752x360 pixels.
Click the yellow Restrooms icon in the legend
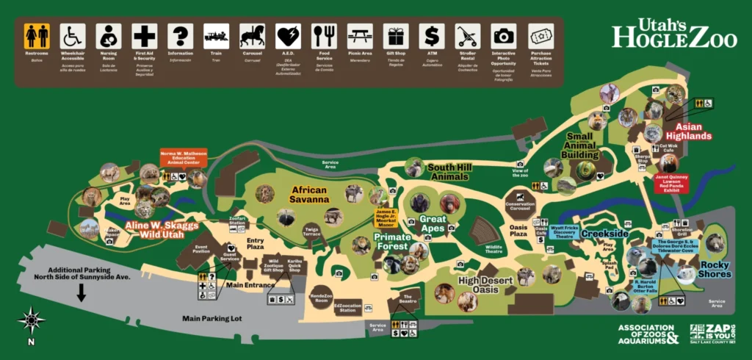coord(37,35)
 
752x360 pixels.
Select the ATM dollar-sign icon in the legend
coord(432,35)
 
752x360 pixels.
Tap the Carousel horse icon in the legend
coord(252,35)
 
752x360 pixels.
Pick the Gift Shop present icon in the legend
coord(396,35)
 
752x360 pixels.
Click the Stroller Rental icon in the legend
coord(467,35)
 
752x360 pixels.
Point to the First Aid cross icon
coord(145,35)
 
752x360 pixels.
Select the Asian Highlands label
coord(688,132)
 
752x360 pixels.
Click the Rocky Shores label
coord(715,270)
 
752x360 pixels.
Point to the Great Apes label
coord(433,223)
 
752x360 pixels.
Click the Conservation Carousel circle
coord(520,199)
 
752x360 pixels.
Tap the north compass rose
coord(31,320)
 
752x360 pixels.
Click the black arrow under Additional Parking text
coord(81,292)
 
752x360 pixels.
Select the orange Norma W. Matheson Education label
coord(184,159)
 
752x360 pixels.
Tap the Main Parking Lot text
coord(214,319)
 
